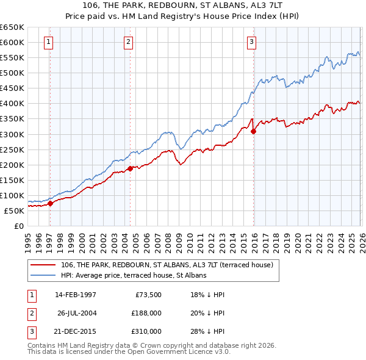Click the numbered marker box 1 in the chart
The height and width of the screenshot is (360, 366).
coord(49,42)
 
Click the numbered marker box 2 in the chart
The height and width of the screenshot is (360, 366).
coord(129,42)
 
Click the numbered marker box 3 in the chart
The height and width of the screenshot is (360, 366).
coord(252,42)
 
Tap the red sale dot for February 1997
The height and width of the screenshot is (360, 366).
coord(50,204)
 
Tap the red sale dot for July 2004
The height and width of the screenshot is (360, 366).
coord(130,168)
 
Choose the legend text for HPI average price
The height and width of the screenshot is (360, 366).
coord(134,275)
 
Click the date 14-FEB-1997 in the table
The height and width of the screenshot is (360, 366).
coord(76,294)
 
